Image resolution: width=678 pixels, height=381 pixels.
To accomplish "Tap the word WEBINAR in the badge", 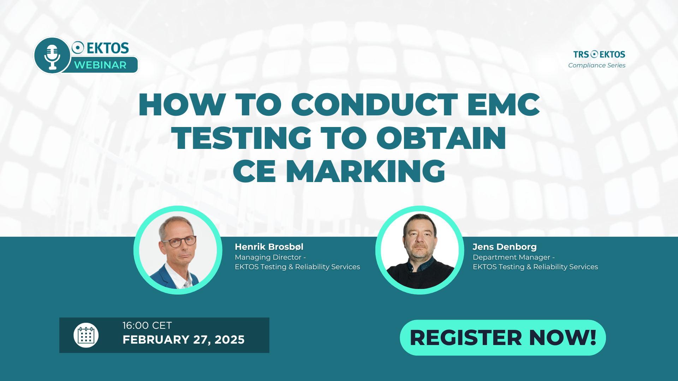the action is click(100, 65).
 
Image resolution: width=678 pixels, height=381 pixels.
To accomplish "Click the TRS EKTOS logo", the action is click(599, 54).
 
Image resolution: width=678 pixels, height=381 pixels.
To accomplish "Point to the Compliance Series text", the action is click(597, 65).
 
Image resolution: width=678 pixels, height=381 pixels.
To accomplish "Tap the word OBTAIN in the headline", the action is click(441, 138).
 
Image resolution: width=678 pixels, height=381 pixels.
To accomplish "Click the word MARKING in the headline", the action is click(365, 171).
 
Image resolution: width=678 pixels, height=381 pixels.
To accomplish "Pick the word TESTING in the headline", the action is click(241, 138).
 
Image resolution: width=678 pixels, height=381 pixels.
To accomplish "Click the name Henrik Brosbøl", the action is click(269, 247).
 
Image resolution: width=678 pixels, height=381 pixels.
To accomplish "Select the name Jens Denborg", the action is click(505, 247).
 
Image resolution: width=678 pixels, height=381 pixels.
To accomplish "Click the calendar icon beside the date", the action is click(86, 335).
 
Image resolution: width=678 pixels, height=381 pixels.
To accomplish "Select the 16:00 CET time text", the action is click(147, 325).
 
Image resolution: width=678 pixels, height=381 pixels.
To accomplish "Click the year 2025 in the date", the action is click(230, 340).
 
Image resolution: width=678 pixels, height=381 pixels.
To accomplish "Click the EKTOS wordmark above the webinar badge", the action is click(100, 48).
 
